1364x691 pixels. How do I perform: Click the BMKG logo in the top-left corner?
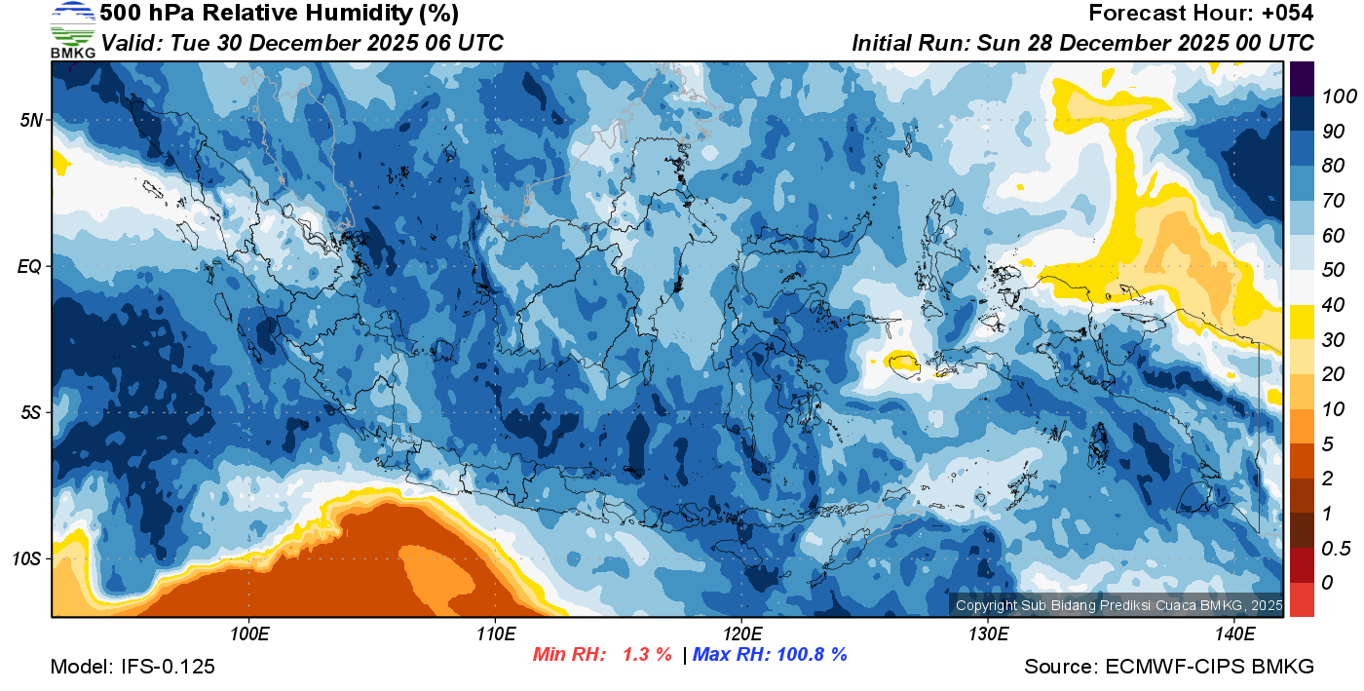(x=73, y=30)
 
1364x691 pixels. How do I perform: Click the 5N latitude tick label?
(x=31, y=120)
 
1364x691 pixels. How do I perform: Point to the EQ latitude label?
(x=30, y=266)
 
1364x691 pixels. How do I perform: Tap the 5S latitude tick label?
(x=31, y=412)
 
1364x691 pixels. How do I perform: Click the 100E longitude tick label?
(x=249, y=634)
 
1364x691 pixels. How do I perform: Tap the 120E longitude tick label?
(x=741, y=634)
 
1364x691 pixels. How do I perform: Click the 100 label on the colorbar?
(x=1333, y=96)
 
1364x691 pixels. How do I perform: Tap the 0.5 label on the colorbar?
(x=1333, y=548)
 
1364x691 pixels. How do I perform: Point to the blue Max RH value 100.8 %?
(x=811, y=655)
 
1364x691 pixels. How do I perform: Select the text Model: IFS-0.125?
(x=133, y=667)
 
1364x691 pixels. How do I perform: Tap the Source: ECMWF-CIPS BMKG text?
(x=1169, y=667)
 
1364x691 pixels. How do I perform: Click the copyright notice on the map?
(x=1118, y=605)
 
